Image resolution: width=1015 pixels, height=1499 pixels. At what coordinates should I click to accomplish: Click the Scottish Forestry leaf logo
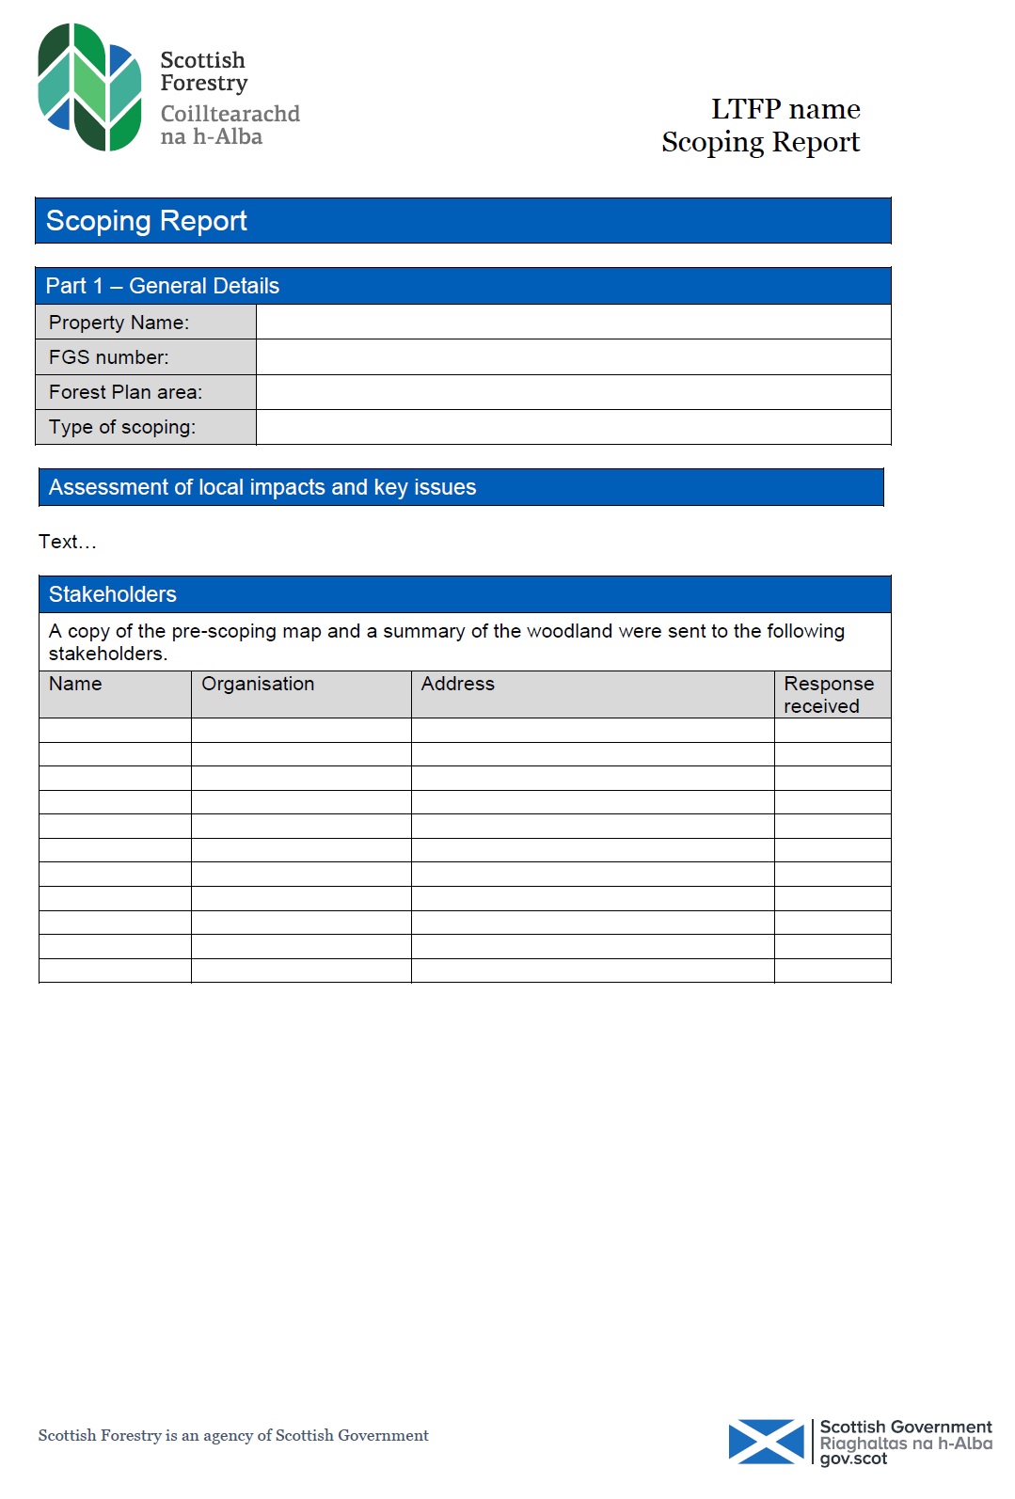89,87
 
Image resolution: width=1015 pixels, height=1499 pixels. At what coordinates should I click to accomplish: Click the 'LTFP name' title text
785,109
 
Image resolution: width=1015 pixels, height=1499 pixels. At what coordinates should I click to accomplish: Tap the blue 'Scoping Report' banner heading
147,221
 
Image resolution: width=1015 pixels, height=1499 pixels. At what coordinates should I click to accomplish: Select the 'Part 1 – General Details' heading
163,286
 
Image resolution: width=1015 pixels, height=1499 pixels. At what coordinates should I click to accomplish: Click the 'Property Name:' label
119,323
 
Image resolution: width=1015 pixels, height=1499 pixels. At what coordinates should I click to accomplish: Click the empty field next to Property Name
573,323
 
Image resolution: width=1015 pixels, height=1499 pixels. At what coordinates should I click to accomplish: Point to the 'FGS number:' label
109,357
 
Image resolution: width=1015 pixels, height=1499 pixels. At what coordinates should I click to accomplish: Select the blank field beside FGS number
573,357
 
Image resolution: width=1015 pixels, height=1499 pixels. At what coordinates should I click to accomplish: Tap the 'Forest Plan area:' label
125,392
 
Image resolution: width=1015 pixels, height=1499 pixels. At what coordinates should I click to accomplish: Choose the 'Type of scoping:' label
122,427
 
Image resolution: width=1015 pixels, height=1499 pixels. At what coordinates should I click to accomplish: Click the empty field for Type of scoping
573,427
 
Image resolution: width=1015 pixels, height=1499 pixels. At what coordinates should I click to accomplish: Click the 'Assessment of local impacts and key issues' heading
262,487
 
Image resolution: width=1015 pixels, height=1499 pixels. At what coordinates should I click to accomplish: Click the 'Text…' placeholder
68,542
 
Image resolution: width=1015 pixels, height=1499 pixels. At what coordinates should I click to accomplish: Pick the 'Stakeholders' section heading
113,594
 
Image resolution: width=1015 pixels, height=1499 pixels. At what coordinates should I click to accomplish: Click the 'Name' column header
75,684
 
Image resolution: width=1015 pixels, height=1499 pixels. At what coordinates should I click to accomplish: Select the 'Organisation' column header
258,684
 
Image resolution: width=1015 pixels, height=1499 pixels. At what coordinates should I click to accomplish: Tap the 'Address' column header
457,684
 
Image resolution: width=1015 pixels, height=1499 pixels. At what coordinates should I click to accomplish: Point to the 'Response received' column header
829,694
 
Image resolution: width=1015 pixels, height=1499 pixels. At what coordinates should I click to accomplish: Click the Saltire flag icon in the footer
766,1442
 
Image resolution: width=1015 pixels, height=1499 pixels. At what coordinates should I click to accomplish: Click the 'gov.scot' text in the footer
853,1459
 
